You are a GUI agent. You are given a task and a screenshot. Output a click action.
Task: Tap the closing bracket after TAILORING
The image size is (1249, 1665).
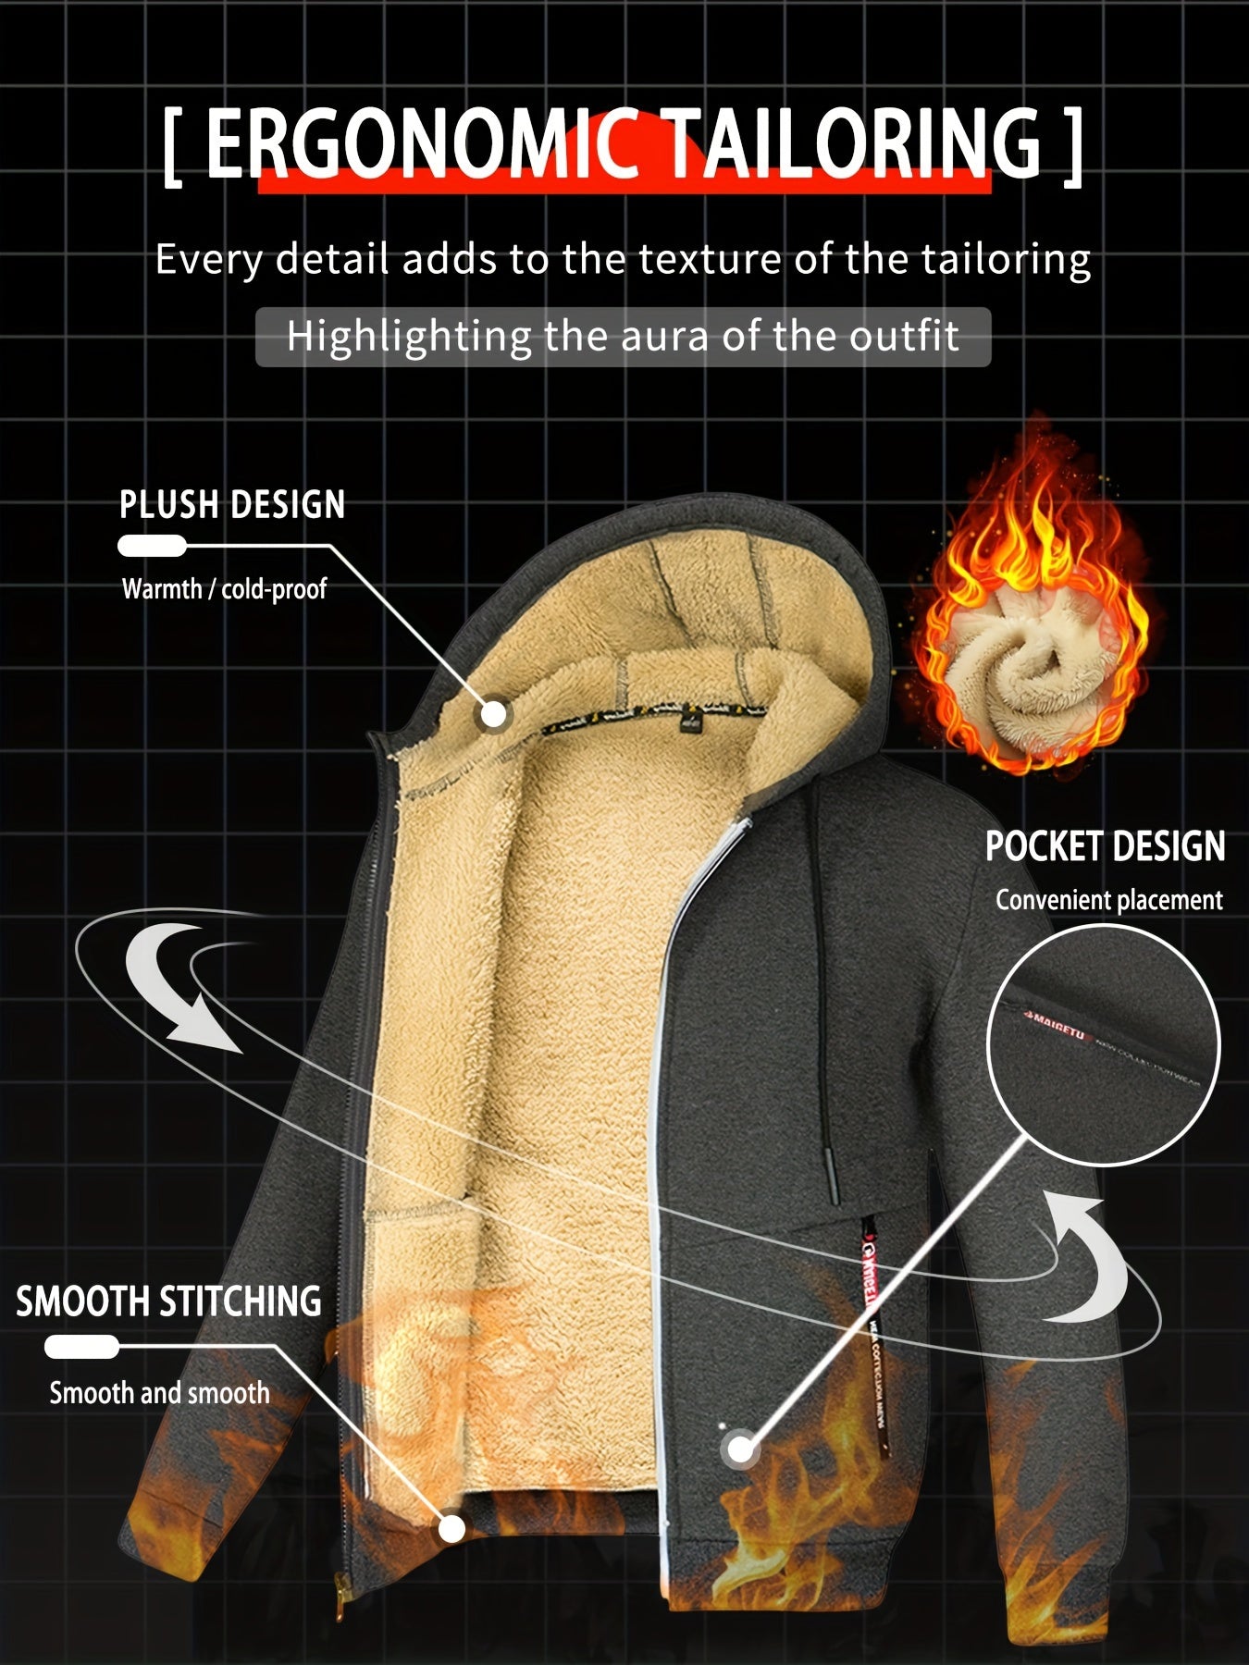1071,145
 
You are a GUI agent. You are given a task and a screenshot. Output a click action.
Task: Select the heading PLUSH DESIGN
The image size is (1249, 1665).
232,505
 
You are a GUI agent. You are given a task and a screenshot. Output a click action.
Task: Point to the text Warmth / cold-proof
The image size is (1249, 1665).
224,588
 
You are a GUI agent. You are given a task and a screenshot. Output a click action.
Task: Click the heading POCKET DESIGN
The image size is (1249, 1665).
1105,846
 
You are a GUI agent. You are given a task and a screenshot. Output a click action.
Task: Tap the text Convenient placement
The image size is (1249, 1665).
1108,900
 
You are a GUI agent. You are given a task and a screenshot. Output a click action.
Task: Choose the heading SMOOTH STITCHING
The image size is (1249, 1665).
168,1301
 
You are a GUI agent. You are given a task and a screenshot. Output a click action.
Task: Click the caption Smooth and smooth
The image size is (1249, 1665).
159,1392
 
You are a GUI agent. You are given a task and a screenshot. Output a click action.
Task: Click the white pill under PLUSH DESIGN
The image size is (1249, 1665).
153,546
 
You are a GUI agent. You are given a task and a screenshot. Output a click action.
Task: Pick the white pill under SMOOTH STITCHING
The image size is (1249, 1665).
81,1347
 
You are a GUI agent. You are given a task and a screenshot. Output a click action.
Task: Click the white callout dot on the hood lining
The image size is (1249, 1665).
495,714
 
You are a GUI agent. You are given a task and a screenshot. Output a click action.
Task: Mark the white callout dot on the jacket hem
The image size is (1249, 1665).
451,1529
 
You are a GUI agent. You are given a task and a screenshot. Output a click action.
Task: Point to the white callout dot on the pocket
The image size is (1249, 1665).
740,1449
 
